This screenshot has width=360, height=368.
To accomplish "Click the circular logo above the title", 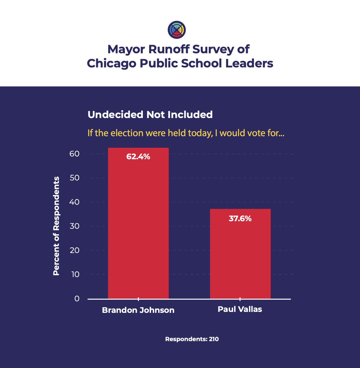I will point(177,30).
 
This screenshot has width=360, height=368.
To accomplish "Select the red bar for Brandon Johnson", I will point(138,227).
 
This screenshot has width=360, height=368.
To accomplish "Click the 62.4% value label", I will point(138,157).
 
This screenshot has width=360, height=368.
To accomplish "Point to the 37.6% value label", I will point(240,219).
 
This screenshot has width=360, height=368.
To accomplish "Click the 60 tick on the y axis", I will point(74,154).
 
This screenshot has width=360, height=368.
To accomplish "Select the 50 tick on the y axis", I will point(74,178).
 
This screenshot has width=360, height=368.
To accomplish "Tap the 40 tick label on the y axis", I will point(74,202).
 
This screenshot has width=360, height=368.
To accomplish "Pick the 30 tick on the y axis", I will point(74,226).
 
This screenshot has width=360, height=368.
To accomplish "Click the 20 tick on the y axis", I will point(74,250).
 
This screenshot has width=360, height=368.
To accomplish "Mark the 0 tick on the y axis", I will point(77,298).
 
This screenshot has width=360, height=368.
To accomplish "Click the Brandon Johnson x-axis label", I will point(138,310).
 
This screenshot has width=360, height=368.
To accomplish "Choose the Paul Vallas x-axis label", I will point(240,309).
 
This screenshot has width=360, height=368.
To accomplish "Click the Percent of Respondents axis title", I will point(56,226).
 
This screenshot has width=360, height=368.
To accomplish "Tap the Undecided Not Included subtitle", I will point(150,115).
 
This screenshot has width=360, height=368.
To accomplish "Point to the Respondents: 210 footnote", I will point(192,339).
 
